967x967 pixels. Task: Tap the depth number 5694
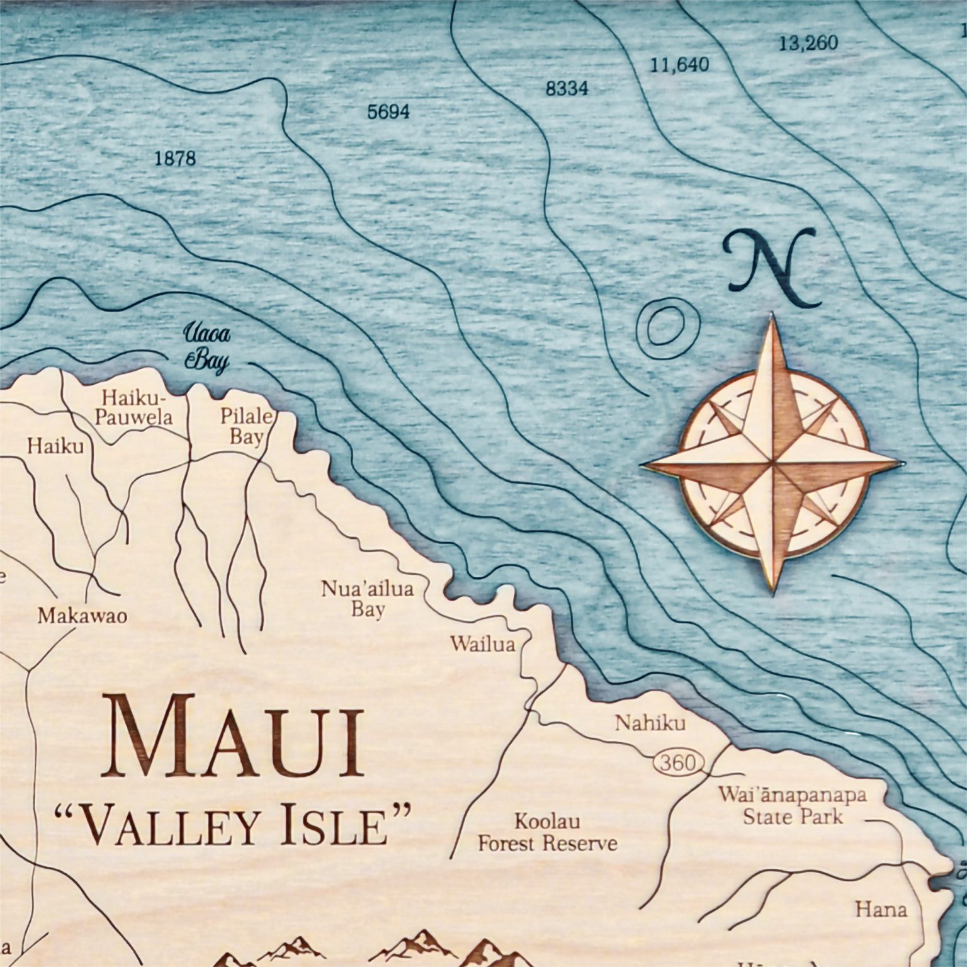point(388,112)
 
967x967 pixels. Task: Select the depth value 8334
point(567,89)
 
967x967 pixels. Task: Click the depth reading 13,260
point(808,43)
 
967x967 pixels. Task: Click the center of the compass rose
point(772,467)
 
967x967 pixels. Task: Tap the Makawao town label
point(82,615)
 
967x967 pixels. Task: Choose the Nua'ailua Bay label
point(368,599)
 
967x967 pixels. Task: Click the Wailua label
point(482,644)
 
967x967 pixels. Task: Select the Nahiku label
point(650,723)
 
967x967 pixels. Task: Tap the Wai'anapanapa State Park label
point(793,805)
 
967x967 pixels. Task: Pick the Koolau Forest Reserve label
point(547,832)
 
